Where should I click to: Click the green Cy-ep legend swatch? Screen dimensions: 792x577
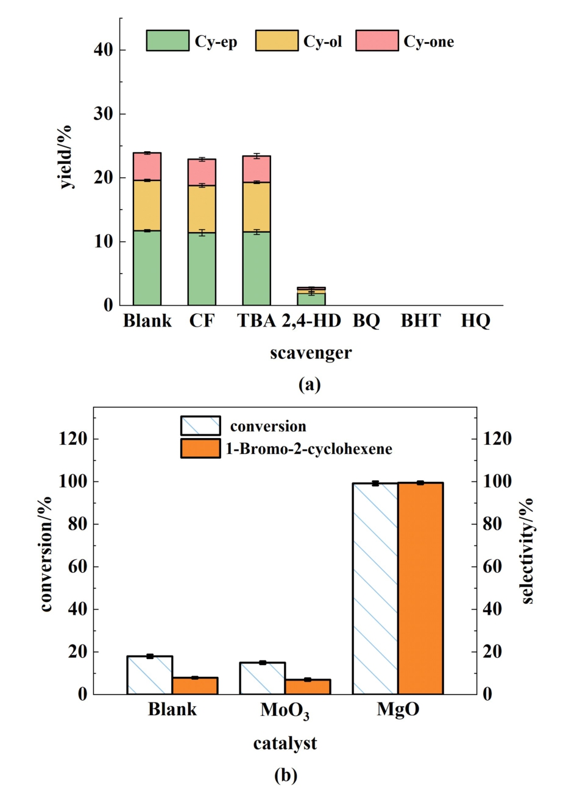[x=168, y=40]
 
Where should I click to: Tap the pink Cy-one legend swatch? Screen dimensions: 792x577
[x=377, y=40]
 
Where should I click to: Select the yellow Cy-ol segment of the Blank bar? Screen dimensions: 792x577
[x=147, y=205]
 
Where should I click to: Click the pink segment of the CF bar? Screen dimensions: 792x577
[x=202, y=172]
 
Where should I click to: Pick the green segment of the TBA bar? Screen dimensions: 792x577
[x=257, y=268]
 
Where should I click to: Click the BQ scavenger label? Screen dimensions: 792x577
[x=366, y=320]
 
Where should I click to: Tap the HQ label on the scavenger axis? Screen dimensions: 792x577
[x=475, y=320]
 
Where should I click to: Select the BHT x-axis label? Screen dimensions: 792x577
[x=420, y=320]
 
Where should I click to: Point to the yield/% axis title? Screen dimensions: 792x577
[x=66, y=157]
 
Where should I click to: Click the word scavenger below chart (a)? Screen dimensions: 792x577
[x=311, y=353]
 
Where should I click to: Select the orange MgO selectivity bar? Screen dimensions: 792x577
[x=420, y=588]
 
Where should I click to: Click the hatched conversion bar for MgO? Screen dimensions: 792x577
[x=375, y=588]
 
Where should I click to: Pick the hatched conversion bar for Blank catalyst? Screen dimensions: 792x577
[x=150, y=675]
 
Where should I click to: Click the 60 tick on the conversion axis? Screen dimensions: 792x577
[x=76, y=567]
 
